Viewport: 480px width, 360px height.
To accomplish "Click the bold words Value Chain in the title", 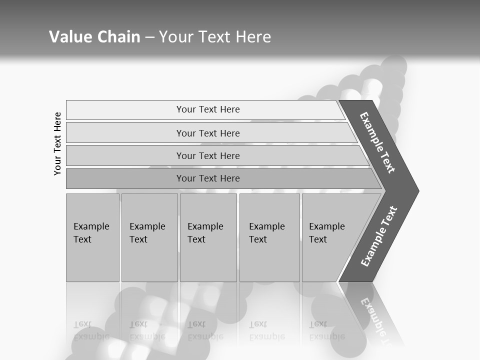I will point(94,37).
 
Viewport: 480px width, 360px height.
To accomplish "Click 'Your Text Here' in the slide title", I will point(215,37).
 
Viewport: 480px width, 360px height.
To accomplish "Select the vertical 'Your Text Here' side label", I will point(57,143).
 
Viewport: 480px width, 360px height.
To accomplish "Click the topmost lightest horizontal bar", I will point(208,109).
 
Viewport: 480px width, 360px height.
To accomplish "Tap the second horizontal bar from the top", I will point(208,133).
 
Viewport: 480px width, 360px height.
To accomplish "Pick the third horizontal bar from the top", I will point(208,155).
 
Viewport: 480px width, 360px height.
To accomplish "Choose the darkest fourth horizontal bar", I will point(208,178).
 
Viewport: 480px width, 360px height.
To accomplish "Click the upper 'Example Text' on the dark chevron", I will point(378,142).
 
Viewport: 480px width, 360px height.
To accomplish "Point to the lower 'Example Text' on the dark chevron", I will point(379,236).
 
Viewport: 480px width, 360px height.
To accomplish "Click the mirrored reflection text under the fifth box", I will point(326,330).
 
